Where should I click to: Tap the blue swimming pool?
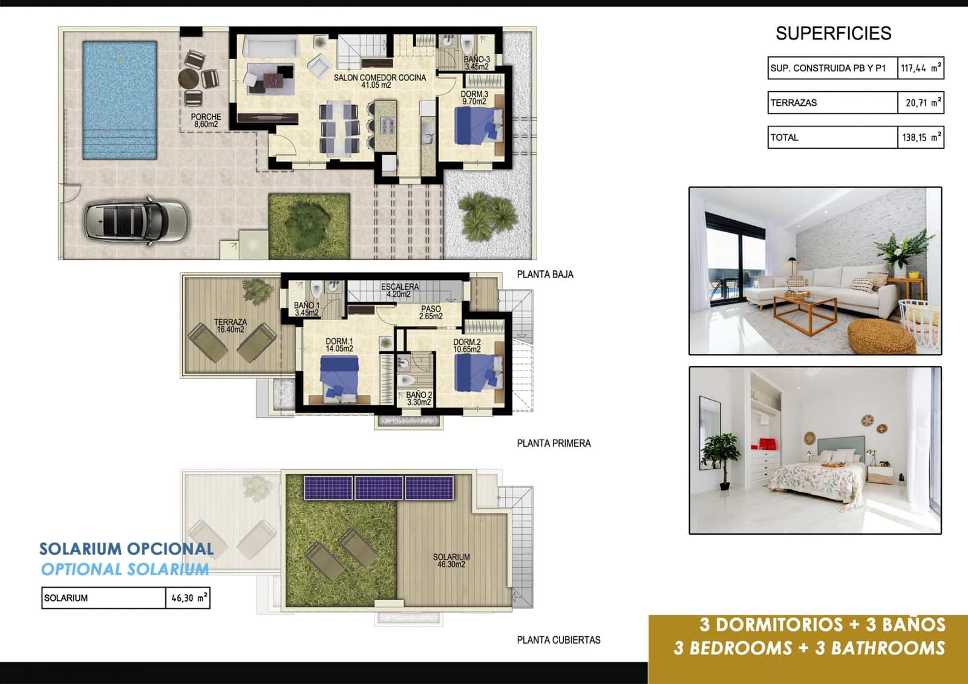coord(119,100)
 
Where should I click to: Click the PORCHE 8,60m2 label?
coord(206,120)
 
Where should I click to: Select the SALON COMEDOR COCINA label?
coord(379,81)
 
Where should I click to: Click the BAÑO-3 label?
coord(477,63)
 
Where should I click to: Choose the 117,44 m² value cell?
coord(920,68)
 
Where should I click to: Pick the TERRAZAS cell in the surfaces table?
coord(832,103)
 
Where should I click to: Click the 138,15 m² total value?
coord(920,137)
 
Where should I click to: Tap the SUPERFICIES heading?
coord(833,33)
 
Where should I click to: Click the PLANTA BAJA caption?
coord(544,275)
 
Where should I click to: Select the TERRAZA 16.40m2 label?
coord(230,326)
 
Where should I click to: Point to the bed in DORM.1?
coord(339,379)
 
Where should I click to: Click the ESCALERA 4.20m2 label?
coord(399,290)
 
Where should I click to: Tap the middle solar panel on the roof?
coord(379,488)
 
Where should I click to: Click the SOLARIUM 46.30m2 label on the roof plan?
coord(451,561)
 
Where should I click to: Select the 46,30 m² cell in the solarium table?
coord(188,598)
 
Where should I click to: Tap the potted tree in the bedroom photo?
coord(722,459)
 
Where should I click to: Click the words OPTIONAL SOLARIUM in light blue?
coord(125,569)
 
